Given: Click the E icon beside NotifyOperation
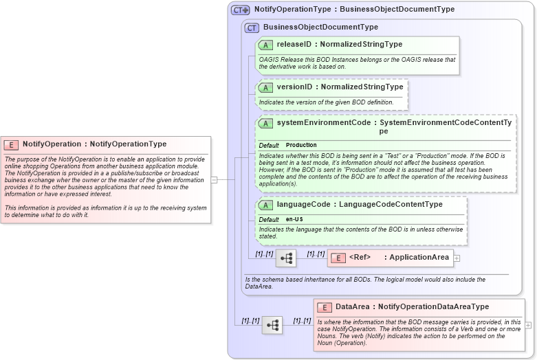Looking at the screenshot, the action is (x=11, y=144).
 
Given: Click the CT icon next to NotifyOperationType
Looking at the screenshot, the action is (x=240, y=10).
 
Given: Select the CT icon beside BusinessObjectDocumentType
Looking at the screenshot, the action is (x=252, y=27).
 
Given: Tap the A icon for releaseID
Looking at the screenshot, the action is (x=265, y=45).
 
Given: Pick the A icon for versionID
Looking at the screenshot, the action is (x=265, y=87).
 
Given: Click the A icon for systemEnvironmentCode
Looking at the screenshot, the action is (x=265, y=123).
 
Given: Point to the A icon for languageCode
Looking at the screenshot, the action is (x=265, y=205).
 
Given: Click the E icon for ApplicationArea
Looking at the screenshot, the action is (x=338, y=258).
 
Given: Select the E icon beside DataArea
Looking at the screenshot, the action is (x=325, y=307).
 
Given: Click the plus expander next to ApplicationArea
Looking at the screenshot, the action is (x=457, y=258).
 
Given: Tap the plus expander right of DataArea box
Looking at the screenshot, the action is (x=528, y=325).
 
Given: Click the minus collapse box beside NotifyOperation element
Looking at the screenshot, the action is (x=214, y=179).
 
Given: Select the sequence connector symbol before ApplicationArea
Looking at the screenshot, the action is (x=286, y=258).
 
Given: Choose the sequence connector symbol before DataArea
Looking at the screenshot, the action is (x=272, y=325).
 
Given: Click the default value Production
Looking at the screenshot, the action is (x=301, y=146).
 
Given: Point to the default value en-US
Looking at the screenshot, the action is (x=295, y=219).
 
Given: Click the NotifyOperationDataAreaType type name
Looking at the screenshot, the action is (x=433, y=307).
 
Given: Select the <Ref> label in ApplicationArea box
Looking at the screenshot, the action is (x=360, y=258).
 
